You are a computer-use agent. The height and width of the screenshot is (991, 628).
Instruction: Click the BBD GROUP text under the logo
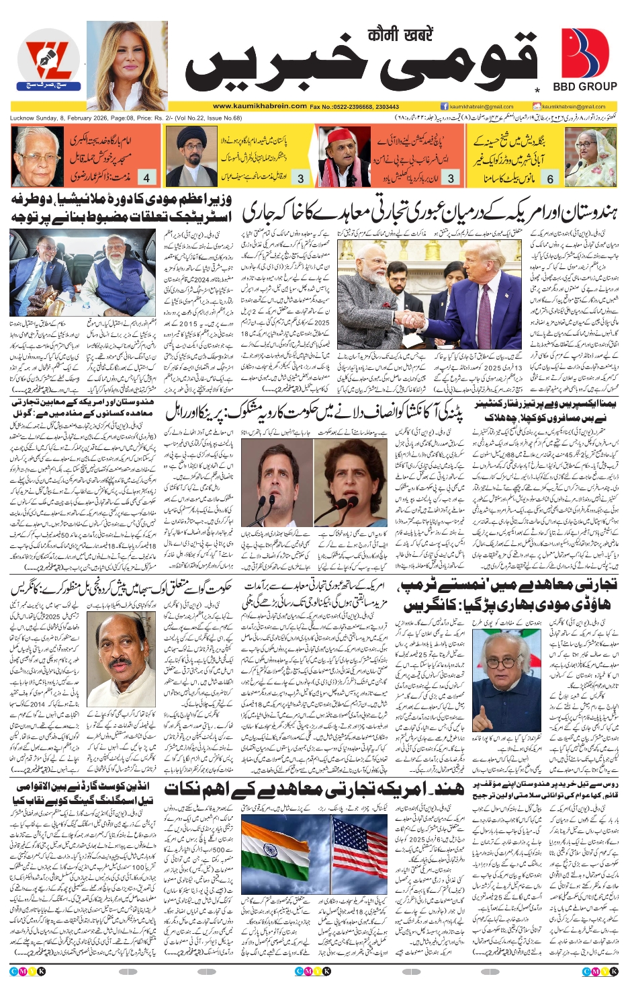coord(584,87)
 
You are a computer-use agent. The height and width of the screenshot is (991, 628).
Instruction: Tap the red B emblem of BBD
coord(584,54)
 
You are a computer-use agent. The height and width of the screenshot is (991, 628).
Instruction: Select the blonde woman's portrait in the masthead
coord(127,65)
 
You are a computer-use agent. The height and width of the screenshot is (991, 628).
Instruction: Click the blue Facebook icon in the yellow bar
coord(444,106)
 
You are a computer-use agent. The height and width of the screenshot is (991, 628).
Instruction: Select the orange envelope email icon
coord(537,106)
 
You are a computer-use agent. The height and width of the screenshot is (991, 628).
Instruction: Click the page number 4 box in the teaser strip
coord(146,178)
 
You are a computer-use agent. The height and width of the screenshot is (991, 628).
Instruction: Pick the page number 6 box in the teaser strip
coord(550,178)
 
